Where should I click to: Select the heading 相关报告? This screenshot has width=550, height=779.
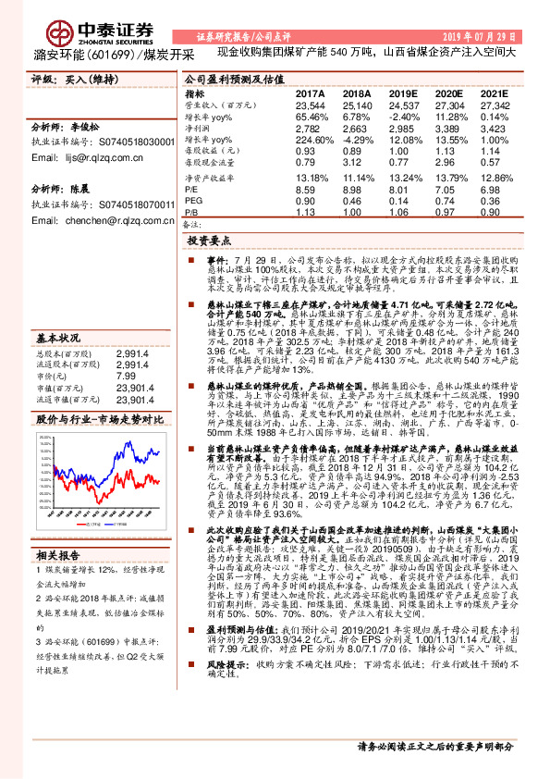pos(54,556)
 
